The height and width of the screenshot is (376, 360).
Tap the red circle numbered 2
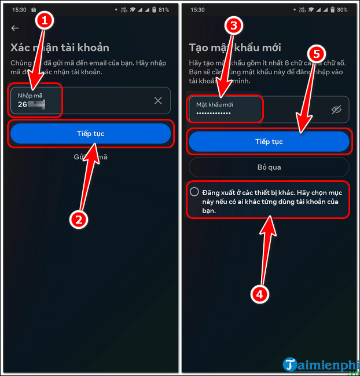click(x=79, y=219)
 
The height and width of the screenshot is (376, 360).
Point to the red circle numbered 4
click(x=260, y=294)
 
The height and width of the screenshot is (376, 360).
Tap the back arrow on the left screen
click(x=15, y=28)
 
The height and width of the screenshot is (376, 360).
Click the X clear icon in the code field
click(x=158, y=101)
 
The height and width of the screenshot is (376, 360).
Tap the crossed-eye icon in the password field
click(x=337, y=109)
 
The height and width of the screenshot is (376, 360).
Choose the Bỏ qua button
click(x=269, y=167)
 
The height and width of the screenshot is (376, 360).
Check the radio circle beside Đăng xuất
click(x=194, y=192)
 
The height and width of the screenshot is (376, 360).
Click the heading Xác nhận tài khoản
click(x=60, y=48)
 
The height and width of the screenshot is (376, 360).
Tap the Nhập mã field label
click(x=30, y=94)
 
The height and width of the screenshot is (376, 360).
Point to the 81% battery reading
click(x=164, y=10)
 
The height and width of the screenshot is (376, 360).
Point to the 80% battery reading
click(x=343, y=10)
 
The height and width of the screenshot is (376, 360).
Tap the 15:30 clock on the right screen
click(x=197, y=10)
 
